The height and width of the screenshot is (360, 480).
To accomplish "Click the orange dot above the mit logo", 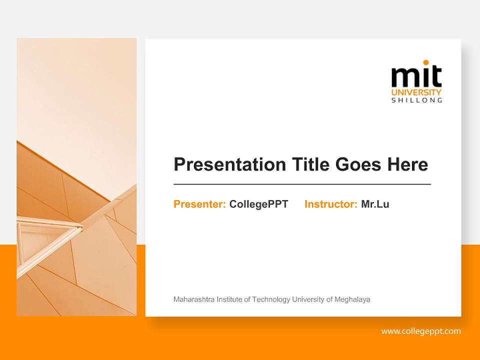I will coord(426,62).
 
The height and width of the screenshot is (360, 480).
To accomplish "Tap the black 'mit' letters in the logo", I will coord(416,77).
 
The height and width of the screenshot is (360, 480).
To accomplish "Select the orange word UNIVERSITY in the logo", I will coord(416,92).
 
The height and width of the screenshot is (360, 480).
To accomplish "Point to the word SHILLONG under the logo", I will coord(416,100).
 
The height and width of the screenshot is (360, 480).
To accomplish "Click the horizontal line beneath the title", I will coord(302,184).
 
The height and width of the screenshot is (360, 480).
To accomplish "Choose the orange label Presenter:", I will coord(199,204).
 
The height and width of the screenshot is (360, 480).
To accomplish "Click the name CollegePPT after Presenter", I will coord(258,204).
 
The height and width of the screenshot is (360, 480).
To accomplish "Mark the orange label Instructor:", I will coord(330,204).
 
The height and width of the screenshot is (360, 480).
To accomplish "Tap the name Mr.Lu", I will coord(375,204).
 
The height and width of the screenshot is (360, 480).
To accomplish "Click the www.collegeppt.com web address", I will coord(421,331).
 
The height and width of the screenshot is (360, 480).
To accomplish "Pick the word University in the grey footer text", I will coord(308,299).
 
